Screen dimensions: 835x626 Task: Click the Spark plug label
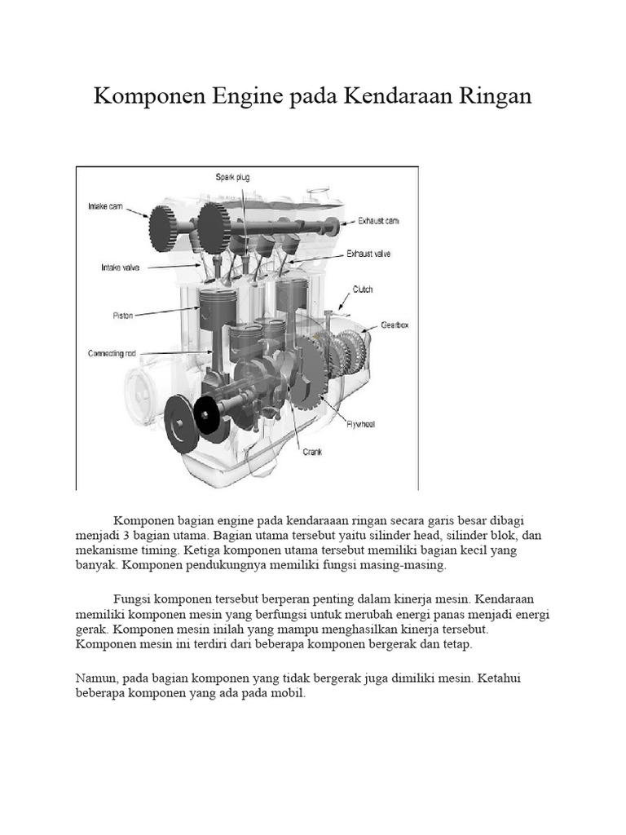pyautogui.click(x=232, y=177)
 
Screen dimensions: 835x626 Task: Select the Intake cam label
pyautogui.click(x=105, y=206)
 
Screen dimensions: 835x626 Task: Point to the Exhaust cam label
pyautogui.click(x=378, y=221)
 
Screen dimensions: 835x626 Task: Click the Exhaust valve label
pyautogui.click(x=368, y=254)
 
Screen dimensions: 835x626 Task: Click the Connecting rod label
pyautogui.click(x=112, y=353)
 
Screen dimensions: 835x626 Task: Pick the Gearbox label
pyautogui.click(x=395, y=325)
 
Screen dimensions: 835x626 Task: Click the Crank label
pyautogui.click(x=312, y=452)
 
